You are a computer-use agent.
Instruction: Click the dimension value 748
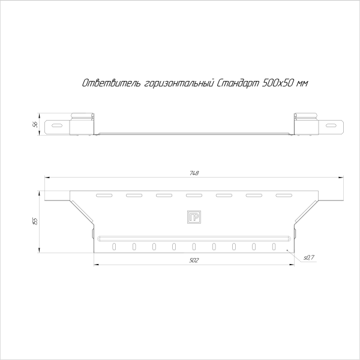pos(194,173)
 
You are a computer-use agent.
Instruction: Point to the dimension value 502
pos(194,260)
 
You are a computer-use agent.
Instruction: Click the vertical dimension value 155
pos(36,221)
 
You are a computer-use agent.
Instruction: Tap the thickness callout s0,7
pos(309,257)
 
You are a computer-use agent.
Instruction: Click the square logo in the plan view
pos(194,217)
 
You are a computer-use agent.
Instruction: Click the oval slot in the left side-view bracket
pos(56,126)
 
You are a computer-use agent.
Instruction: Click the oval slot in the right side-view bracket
pos(331,126)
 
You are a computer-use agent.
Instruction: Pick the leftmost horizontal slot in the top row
pos(104,195)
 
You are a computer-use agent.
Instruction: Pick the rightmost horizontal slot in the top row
pos(283,195)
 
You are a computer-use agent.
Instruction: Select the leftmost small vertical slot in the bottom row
pos(114,246)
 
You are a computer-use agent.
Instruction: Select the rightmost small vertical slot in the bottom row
pos(274,246)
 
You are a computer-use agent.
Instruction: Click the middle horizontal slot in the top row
pos(194,195)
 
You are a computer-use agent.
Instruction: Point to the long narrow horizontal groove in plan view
pos(194,238)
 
